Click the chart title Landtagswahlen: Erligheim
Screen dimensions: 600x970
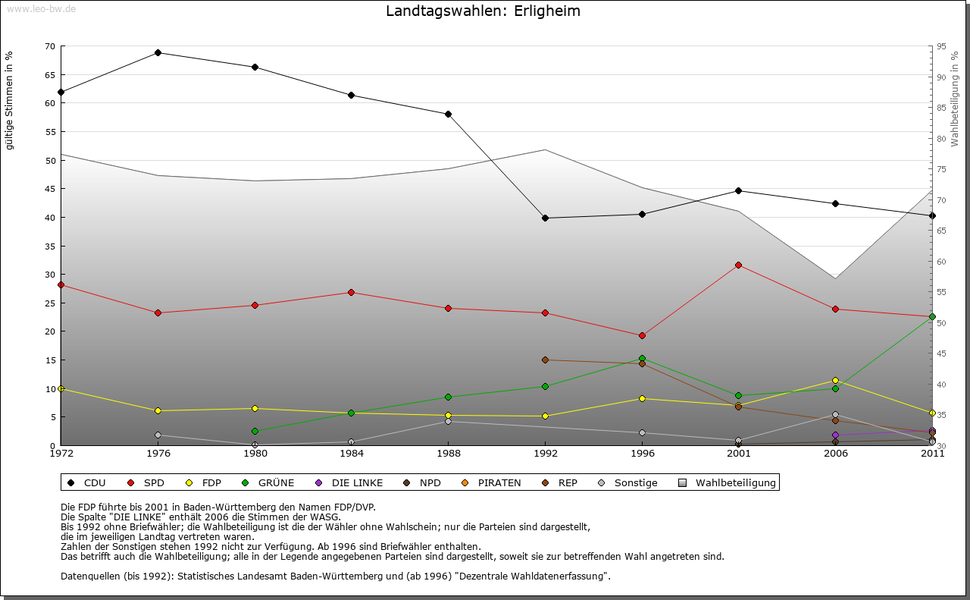483,11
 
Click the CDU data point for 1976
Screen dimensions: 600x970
158,52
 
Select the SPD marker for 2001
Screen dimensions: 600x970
738,265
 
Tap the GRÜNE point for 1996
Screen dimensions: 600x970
642,358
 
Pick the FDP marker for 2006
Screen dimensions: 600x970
835,380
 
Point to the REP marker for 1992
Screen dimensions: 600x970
545,360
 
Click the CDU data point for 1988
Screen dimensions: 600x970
448,114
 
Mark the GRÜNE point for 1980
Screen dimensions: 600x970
255,431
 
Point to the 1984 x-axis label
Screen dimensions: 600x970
352,454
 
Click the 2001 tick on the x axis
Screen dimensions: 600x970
738,454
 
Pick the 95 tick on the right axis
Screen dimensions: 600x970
941,46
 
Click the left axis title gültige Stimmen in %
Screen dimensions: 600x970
9,100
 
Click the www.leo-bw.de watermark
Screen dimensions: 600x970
40,8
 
